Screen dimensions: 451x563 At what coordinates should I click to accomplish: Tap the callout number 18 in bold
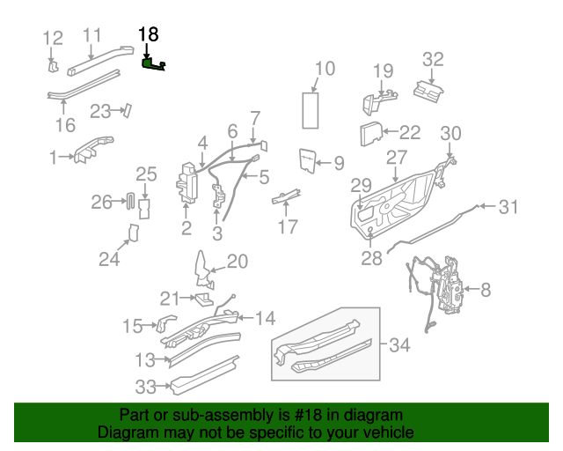pos(149,34)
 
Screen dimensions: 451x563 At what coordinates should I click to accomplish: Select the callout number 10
pos(325,68)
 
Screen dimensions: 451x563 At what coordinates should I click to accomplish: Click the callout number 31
pos(508,208)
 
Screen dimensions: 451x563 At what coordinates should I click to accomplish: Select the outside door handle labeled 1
pos(93,148)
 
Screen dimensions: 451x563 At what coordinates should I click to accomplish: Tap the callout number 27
pos(397,158)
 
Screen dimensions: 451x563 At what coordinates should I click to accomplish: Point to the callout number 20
pos(238,262)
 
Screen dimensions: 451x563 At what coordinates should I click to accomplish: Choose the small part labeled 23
pos(127,110)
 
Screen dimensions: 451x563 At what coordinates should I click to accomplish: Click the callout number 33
pos(146,385)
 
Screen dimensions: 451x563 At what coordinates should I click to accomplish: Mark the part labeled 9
pos(308,159)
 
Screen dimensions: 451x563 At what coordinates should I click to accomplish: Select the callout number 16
pos(66,124)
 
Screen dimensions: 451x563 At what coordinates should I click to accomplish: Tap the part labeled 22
pos(370,135)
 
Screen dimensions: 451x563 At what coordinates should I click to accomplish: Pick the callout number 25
pos(146,174)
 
